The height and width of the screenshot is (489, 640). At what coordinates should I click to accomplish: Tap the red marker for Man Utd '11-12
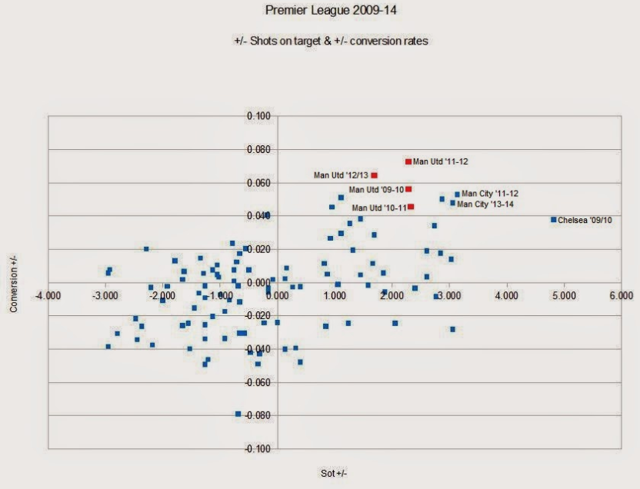[408, 161]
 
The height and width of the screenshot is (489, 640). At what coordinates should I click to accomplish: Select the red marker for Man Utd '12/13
[375, 175]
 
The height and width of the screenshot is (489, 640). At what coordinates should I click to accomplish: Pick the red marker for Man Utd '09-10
[408, 189]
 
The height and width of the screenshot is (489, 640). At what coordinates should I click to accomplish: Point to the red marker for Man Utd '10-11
[411, 207]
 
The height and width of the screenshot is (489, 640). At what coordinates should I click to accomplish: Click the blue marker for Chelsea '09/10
[553, 220]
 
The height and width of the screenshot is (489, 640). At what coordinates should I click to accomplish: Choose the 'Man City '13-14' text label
[485, 205]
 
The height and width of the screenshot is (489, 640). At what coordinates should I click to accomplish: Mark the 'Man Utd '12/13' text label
[340, 175]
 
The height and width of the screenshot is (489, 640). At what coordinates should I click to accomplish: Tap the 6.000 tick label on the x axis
[621, 294]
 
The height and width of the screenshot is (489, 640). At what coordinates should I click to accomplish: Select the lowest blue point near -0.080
[238, 414]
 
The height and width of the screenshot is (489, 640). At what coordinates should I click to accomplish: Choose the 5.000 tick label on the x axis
[564, 294]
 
